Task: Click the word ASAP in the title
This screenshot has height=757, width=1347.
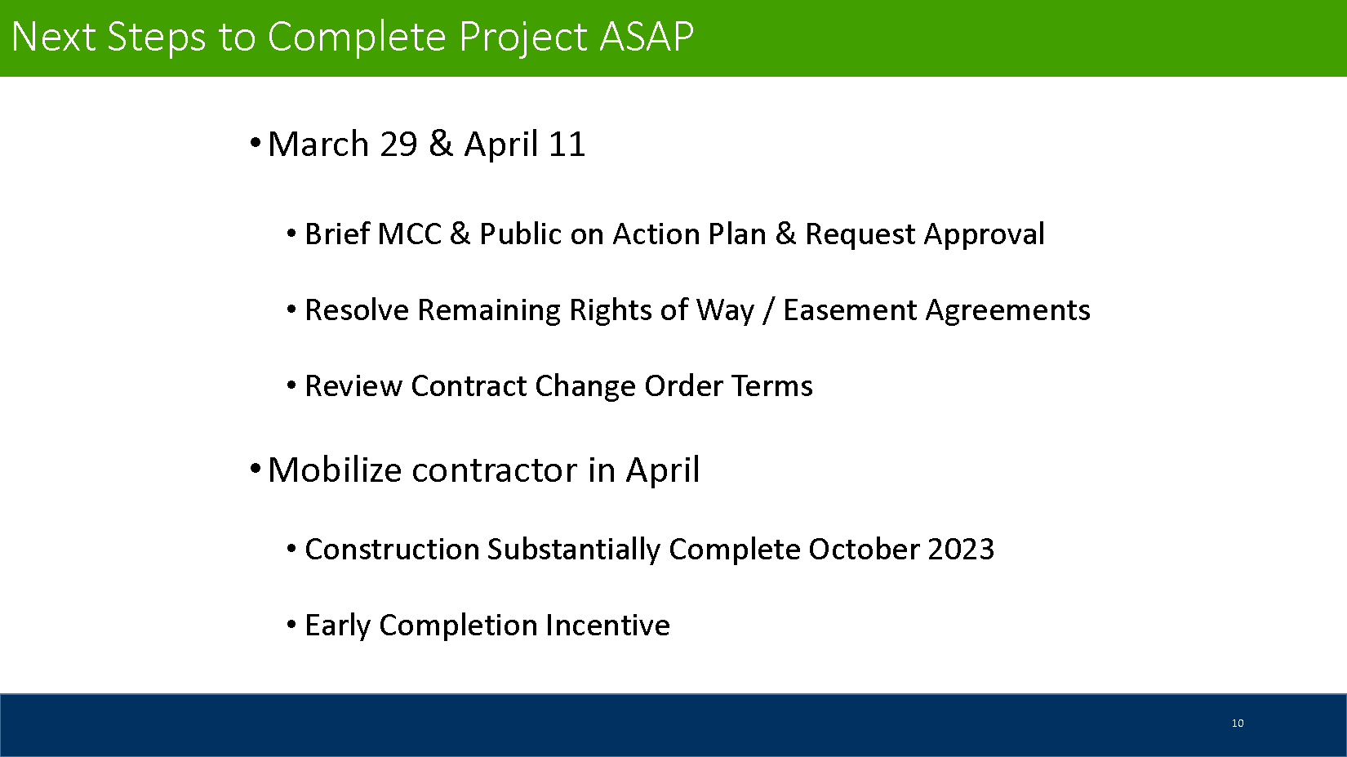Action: click(647, 37)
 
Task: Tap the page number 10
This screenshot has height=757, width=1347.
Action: click(1238, 723)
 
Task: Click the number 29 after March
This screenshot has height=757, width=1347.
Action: click(398, 145)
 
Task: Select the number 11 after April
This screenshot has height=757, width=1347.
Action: click(567, 145)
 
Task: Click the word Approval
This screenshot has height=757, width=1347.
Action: click(985, 234)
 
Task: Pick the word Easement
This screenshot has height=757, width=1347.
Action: click(849, 310)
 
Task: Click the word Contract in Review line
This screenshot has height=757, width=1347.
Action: click(469, 386)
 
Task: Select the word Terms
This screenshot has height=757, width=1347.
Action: click(772, 386)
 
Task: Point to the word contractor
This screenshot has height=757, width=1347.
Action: click(494, 470)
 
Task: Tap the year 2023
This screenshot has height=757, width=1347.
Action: click(961, 550)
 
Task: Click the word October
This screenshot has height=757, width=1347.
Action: click(865, 550)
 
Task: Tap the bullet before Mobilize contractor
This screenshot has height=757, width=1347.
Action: click(255, 469)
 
